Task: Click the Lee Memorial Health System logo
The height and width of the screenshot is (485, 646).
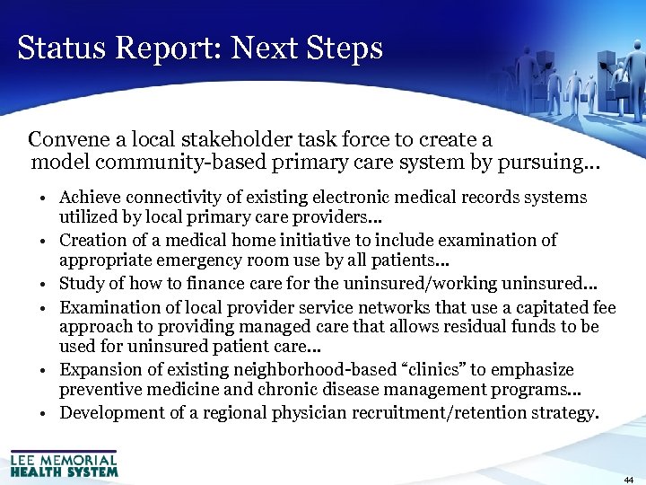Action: pos(64,463)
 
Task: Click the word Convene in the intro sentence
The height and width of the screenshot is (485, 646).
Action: pos(65,140)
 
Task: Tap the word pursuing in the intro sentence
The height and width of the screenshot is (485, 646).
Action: pos(546,163)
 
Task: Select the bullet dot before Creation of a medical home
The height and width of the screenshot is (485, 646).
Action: pos(43,242)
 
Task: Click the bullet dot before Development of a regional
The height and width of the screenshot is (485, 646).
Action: pos(43,414)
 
